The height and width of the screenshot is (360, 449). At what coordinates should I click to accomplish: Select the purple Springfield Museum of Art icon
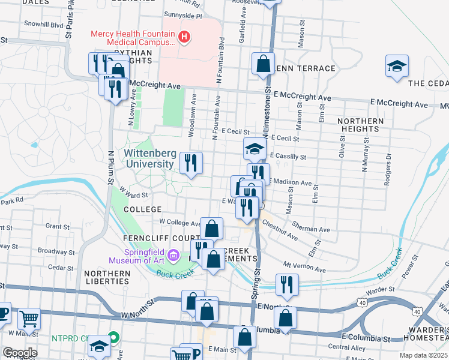pos(173,256)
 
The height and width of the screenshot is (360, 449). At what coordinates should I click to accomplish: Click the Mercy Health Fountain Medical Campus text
pos(133,38)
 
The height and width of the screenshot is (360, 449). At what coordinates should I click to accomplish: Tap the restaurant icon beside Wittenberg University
pos(191,163)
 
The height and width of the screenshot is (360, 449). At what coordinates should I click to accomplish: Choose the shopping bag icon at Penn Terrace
pos(263,63)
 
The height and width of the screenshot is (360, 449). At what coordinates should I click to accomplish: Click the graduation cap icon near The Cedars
pos(397,65)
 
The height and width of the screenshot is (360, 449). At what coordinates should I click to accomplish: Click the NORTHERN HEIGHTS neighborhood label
pos(360,125)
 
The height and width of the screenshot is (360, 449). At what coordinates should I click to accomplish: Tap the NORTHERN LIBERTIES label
pos(107,277)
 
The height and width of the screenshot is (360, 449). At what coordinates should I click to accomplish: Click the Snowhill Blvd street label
pos(44,25)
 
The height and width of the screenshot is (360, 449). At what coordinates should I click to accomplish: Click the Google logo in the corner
pos(20,353)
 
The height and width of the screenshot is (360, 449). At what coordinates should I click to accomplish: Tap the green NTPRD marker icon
pos(112,338)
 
